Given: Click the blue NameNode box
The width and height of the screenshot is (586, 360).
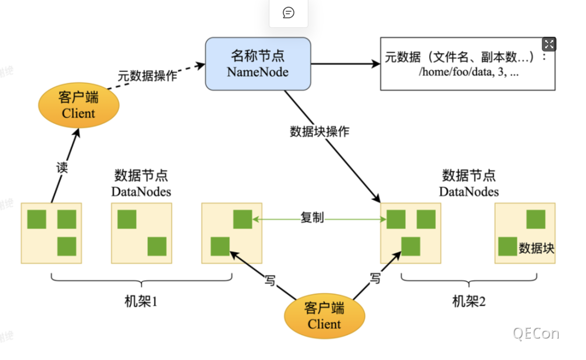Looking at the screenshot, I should tap(258, 64).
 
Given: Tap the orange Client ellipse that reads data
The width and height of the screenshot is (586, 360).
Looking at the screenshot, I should tap(78, 105).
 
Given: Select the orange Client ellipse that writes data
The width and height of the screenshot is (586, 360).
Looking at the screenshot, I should tap(324, 316).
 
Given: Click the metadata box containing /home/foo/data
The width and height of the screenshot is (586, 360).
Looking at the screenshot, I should tap(467, 64).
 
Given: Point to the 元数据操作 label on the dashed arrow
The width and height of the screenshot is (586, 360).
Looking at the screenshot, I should tap(147, 76).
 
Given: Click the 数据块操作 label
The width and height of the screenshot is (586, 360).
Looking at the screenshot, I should tap(320, 131).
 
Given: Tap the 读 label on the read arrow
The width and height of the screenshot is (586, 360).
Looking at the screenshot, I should tap(62, 167).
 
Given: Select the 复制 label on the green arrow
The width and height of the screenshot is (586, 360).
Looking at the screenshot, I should tap(312, 218).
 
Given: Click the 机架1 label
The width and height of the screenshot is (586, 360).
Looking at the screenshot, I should tap(141, 301).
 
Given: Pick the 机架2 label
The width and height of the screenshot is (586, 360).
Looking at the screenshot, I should tap(469, 301).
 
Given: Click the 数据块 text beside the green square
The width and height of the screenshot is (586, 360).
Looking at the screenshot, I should tap(536, 248).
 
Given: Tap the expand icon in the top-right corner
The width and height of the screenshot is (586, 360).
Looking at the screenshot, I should tap(549, 45).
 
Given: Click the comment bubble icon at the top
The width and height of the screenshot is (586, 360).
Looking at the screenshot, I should tap(288, 13).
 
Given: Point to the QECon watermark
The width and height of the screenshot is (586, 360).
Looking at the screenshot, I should tap(536, 333).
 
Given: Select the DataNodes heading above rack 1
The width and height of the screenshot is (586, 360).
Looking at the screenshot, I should tap(141, 183).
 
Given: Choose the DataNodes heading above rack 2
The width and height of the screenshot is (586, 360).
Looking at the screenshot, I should tap(469, 183).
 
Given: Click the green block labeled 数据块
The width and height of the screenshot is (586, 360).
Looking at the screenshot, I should tap(508, 246).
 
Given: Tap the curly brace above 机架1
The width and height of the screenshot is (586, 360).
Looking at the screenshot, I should tap(141, 280).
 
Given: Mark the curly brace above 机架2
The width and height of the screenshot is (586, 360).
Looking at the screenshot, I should tap(469, 280).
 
